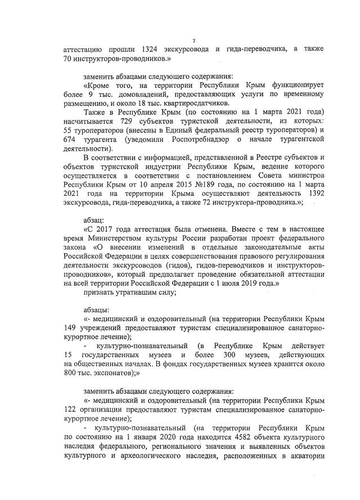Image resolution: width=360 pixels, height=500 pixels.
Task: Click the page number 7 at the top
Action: [x=193, y=40]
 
